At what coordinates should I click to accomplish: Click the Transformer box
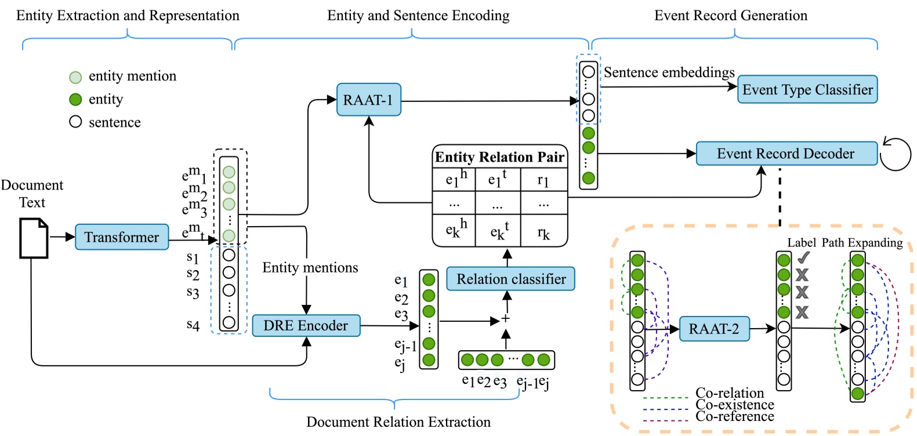(x=122, y=237)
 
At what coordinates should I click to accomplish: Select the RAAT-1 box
(x=368, y=100)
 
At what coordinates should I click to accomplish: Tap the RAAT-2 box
(x=714, y=329)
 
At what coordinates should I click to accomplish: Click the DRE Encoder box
(x=306, y=325)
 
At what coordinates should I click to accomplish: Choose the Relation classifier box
(x=510, y=279)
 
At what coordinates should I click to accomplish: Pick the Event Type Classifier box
(x=807, y=89)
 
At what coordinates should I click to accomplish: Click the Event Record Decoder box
(x=786, y=154)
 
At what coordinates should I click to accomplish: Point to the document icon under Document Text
(x=34, y=238)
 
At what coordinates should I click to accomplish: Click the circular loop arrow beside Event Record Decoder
(x=896, y=154)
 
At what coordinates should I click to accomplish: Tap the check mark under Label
(x=803, y=259)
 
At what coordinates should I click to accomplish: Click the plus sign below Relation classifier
(x=506, y=319)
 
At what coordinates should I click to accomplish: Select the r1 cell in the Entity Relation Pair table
(x=543, y=180)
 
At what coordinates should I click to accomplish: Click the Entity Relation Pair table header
(x=499, y=157)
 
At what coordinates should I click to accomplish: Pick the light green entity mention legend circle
(x=75, y=77)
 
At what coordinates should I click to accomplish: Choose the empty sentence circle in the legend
(x=75, y=122)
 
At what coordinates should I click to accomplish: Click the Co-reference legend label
(x=734, y=417)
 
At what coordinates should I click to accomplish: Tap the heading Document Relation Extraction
(x=398, y=422)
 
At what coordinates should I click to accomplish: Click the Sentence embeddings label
(x=669, y=72)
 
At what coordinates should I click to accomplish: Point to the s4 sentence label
(x=193, y=325)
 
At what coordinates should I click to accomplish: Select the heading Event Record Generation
(x=730, y=16)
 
